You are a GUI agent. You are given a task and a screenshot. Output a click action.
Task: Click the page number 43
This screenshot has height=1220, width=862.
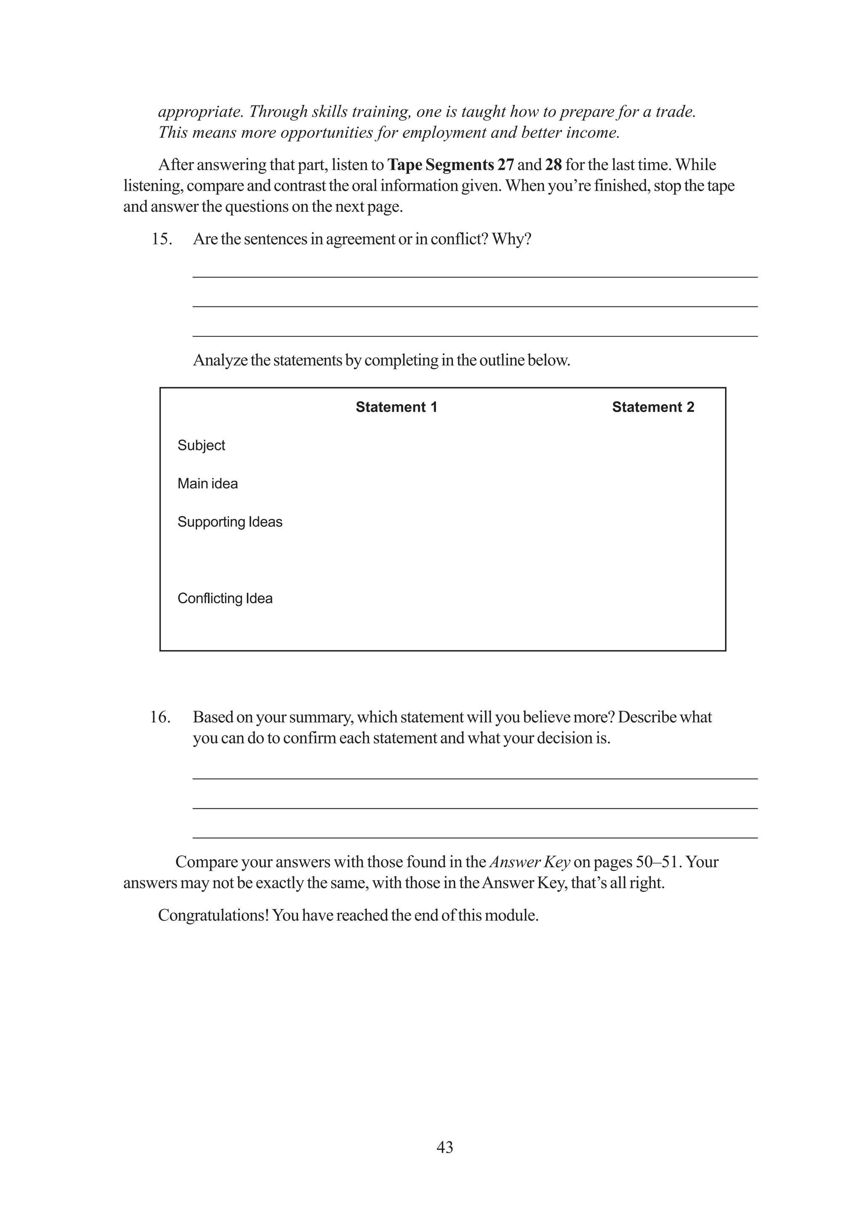(x=444, y=1147)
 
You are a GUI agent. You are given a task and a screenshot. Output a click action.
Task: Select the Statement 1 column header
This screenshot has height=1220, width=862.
(x=396, y=407)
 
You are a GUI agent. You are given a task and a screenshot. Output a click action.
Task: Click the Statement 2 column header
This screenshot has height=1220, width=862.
(x=653, y=407)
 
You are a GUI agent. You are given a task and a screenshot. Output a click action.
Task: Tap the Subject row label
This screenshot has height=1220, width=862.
(x=201, y=445)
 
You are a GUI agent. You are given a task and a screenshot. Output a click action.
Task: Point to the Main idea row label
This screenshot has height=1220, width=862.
(x=207, y=484)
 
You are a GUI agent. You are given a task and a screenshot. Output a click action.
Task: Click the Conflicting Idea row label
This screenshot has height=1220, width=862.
(x=225, y=598)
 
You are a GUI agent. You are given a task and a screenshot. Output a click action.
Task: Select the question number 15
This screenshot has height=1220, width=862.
(x=162, y=239)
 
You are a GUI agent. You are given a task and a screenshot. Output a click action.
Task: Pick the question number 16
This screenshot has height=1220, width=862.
(x=160, y=717)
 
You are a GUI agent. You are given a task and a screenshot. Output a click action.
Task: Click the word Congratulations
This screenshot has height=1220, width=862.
(x=213, y=916)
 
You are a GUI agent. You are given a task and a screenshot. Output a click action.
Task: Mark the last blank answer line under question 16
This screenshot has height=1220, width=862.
(x=475, y=837)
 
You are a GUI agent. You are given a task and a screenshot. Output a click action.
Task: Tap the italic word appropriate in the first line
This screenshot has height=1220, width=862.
(x=200, y=112)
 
